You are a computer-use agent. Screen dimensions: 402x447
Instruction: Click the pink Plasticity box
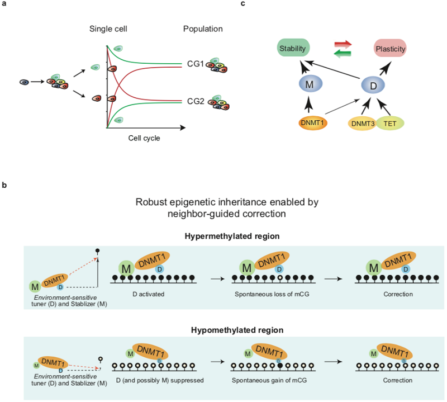tap(390, 49)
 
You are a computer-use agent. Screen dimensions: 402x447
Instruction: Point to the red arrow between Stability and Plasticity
tap(343, 43)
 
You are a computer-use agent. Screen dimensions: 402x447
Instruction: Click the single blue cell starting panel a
tap(24, 82)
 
